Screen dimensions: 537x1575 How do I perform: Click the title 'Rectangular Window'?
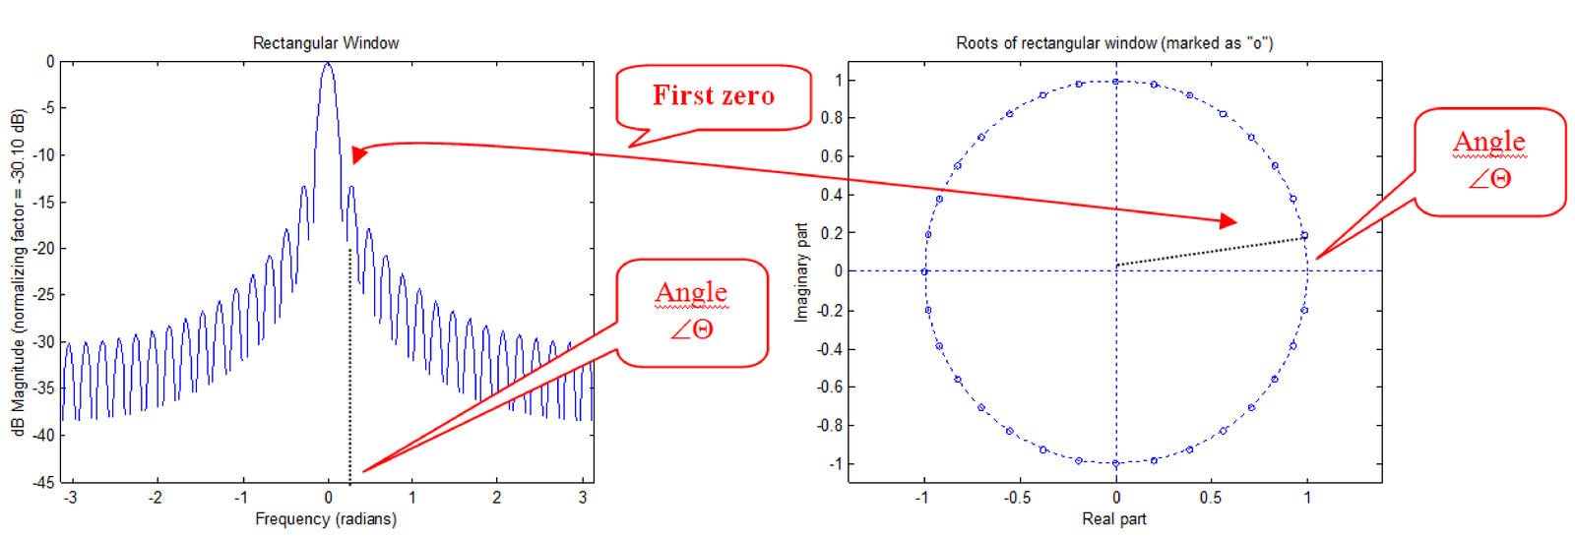326,43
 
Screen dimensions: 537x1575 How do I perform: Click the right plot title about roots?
1114,43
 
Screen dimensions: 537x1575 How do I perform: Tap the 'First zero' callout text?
714,95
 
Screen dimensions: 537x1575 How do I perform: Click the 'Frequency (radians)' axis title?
326,518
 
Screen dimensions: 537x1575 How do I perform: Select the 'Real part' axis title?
1114,518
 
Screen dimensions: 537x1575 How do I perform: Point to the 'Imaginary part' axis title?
801,271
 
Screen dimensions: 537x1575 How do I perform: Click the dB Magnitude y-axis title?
18,271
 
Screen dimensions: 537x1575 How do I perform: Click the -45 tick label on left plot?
44,482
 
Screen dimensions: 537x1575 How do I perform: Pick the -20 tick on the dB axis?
44,248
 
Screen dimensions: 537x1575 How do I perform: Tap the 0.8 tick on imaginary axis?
832,118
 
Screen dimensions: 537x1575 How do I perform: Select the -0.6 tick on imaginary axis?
830,387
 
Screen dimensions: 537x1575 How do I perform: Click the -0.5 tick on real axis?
1017,498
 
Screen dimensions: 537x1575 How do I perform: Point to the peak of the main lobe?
328,65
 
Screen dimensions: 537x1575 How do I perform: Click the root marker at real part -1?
924,271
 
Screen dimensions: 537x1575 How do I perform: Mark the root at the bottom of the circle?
1115,463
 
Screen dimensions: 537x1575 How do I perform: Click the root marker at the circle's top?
1115,82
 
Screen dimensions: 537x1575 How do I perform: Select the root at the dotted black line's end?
1304,236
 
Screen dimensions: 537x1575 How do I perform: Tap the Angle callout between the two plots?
692,311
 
